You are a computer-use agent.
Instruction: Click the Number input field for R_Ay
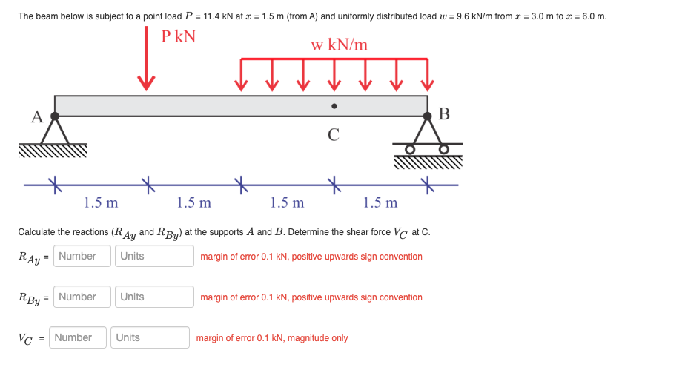coord(82,256)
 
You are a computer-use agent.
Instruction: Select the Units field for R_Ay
coord(153,256)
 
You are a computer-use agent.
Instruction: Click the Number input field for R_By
coord(82,297)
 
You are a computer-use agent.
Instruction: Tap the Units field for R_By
coord(153,297)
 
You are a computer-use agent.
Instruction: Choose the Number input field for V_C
coord(78,337)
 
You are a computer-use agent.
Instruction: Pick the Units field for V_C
coord(149,337)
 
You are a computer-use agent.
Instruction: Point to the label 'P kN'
coord(179,36)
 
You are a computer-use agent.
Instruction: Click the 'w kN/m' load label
coord(339,45)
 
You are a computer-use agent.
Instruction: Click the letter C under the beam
coord(334,134)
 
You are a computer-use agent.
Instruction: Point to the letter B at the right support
coord(444,114)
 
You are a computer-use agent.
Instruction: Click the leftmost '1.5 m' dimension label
coord(101,202)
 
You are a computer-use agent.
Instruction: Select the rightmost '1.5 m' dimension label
coord(380,202)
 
